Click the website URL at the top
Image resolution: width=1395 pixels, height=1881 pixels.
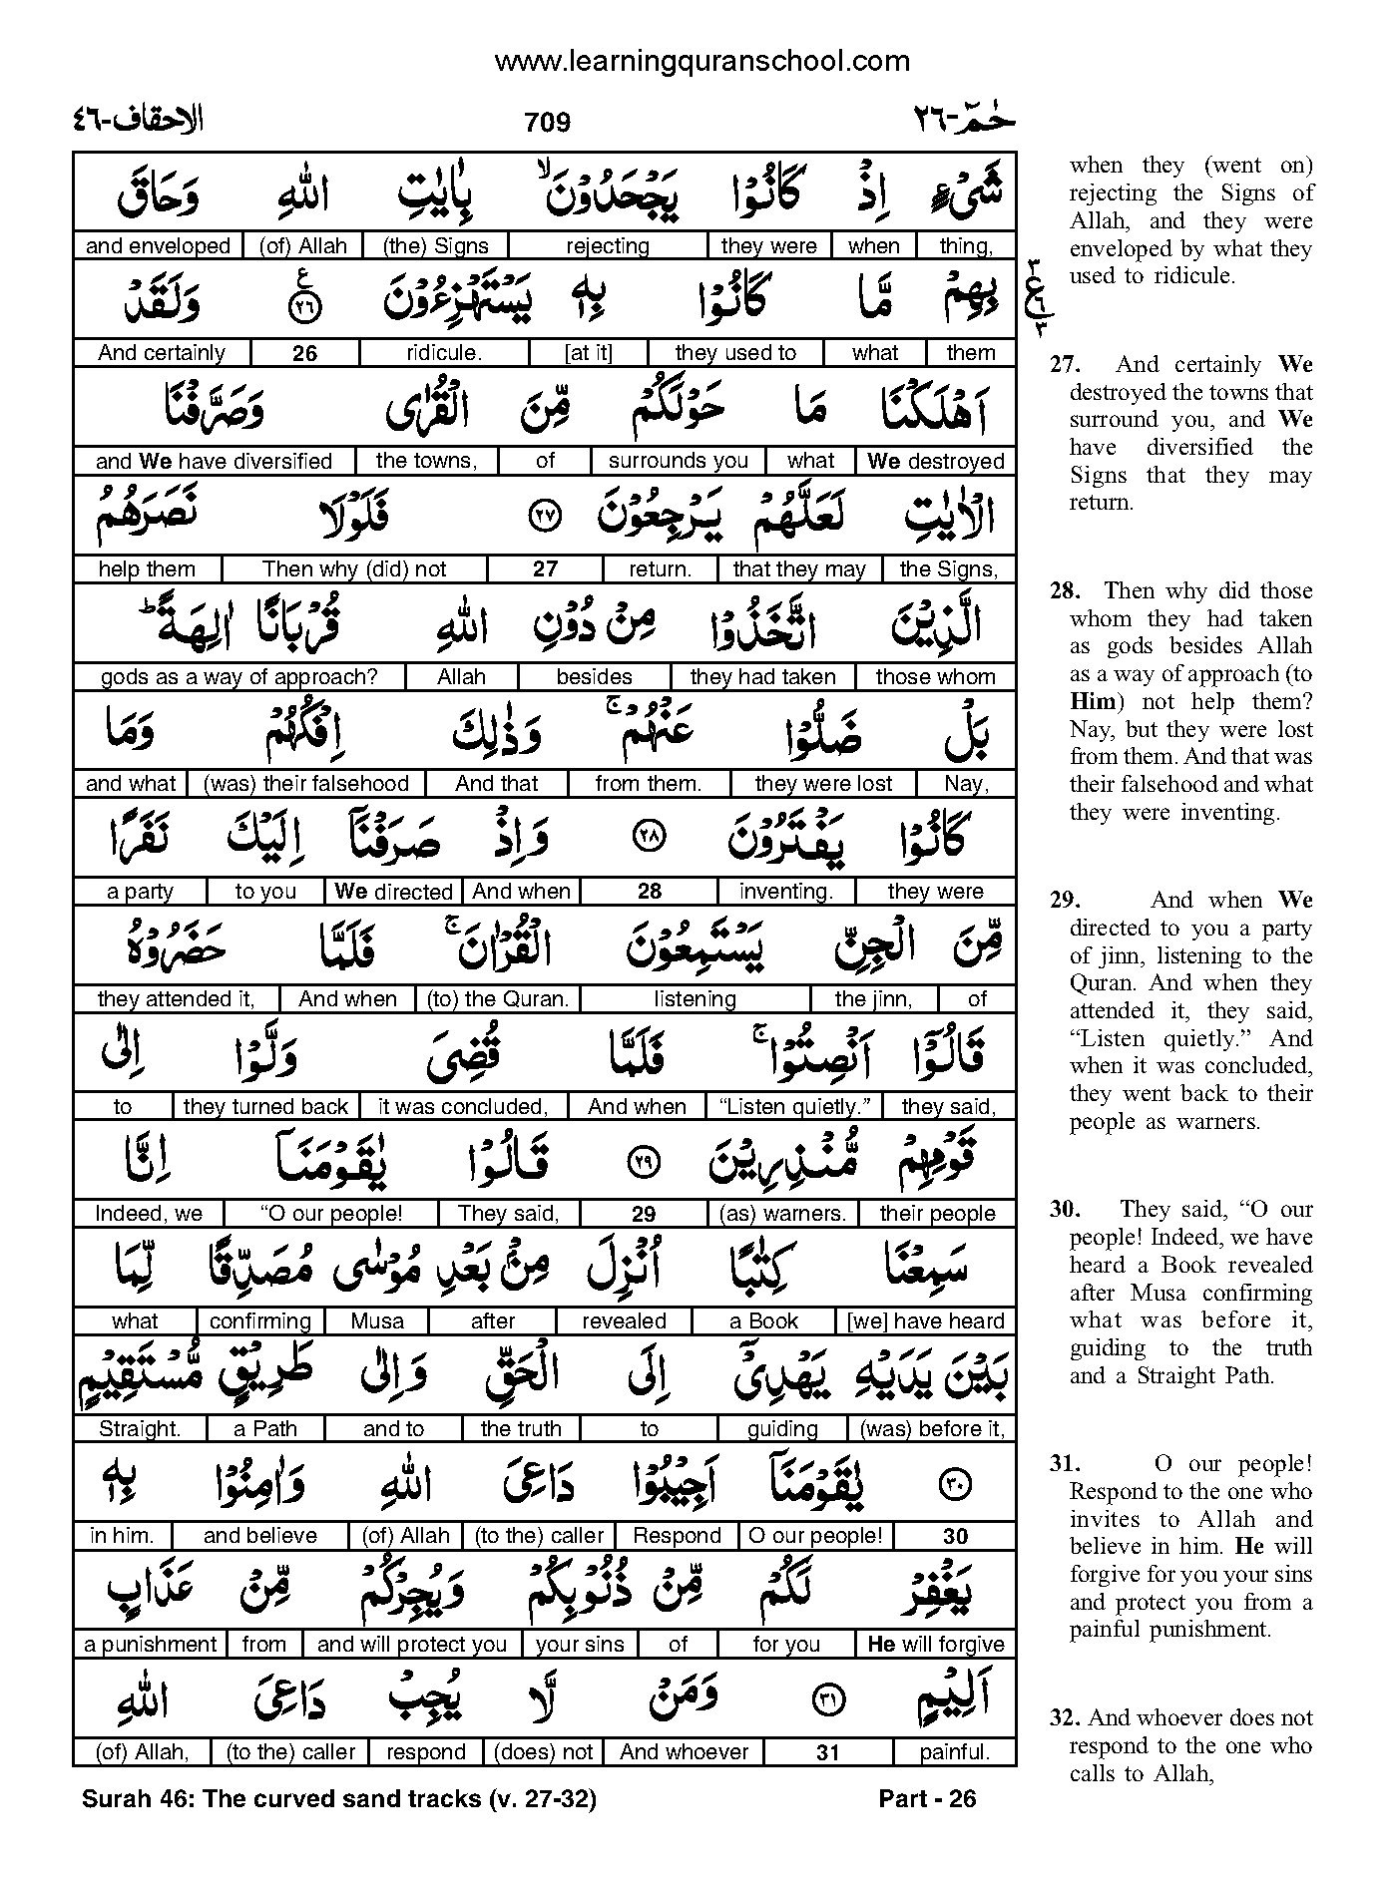click(x=701, y=62)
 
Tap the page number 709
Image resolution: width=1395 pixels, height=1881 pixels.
click(x=547, y=123)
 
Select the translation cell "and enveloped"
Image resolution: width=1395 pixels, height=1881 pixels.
click(x=158, y=246)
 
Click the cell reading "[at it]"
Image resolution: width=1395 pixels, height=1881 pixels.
click(x=588, y=353)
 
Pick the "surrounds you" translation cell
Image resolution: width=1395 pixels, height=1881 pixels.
click(x=678, y=461)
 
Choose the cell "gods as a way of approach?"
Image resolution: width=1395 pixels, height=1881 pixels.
click(x=239, y=677)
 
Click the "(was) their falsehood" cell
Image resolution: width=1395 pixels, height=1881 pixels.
click(x=306, y=784)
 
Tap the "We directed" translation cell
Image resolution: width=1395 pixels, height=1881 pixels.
click(x=393, y=892)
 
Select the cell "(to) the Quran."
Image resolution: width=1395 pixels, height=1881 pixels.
click(x=497, y=999)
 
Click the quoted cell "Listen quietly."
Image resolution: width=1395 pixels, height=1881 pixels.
click(x=794, y=1107)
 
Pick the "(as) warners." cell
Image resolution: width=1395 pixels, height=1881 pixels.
click(x=782, y=1214)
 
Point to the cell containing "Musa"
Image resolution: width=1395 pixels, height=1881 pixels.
click(x=377, y=1321)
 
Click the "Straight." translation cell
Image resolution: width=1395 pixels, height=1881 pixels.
click(x=140, y=1429)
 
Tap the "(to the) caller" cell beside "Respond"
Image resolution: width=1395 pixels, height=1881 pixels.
click(x=540, y=1536)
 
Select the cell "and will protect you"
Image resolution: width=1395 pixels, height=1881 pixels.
click(x=411, y=1644)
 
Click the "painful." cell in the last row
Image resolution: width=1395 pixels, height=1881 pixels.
click(x=954, y=1751)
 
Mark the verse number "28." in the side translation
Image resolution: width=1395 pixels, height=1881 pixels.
click(x=1063, y=591)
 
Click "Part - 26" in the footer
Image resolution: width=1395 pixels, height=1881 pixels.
click(x=927, y=1799)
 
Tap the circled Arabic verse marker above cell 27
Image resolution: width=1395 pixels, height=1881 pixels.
click(x=544, y=516)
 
